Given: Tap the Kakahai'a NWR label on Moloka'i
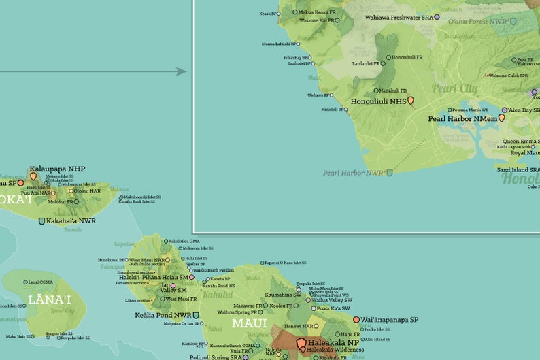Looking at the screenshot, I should pos(71,221).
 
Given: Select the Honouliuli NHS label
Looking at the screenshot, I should pos(378,101).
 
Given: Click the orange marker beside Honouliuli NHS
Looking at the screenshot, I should pos(410,101).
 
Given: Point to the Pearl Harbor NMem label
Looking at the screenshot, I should pos(462,118).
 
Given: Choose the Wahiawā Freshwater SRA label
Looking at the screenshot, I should pos(399,17).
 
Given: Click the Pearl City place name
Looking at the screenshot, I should pos(454,89).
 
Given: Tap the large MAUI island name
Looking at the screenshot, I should pos(250,323).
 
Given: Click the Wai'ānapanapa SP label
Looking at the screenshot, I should pos(390,319).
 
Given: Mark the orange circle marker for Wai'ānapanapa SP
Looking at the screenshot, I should pos(356,319).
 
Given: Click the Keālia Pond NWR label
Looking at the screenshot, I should pos(163,315).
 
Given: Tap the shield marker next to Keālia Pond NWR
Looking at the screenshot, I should pos(197,315).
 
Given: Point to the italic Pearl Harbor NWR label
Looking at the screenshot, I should pos(353,173).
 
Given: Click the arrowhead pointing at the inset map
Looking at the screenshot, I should pos(182,71).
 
